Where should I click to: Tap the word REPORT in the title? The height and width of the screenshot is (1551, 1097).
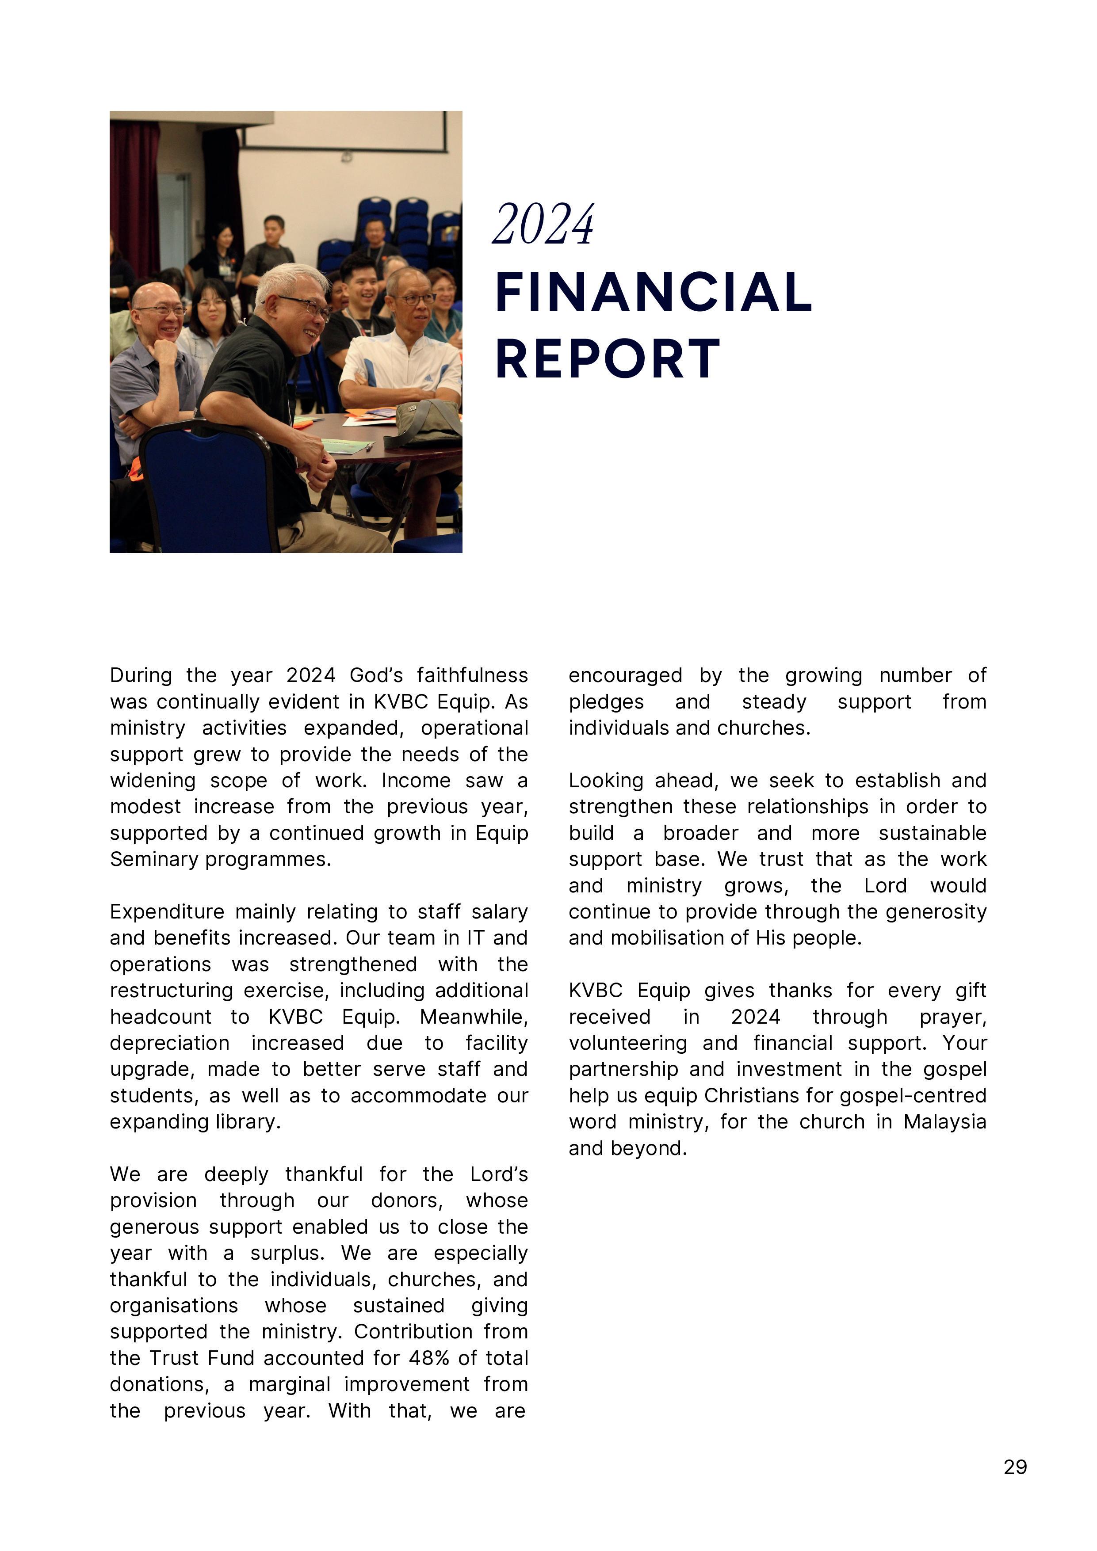point(608,359)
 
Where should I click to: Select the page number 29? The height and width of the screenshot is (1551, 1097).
point(1015,1467)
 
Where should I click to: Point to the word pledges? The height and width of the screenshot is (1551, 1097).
point(606,702)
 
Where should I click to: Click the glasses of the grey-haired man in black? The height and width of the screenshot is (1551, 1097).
point(308,307)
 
